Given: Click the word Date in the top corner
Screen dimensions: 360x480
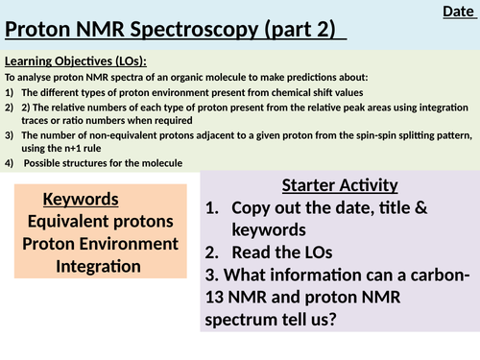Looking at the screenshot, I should click(x=457, y=12).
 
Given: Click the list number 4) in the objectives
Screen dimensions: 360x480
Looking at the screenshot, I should click(x=10, y=164).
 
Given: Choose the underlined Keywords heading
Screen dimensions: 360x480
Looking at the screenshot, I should click(x=81, y=200).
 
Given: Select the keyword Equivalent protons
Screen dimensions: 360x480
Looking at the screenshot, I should click(x=101, y=222).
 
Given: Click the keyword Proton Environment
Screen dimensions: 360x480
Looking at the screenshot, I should click(x=101, y=244).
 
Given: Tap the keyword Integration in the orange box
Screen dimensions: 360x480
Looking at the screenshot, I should click(x=101, y=266).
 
